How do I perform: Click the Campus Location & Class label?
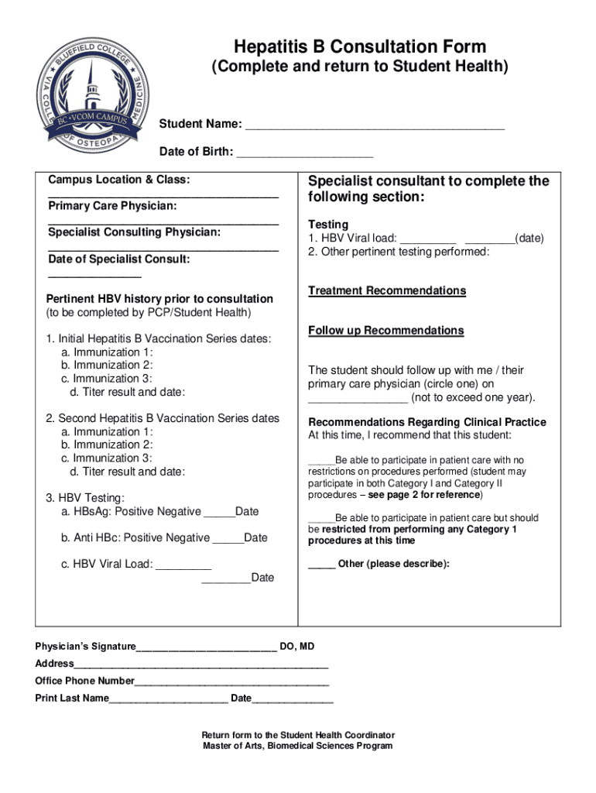(x=118, y=180)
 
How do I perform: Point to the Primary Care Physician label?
(x=112, y=206)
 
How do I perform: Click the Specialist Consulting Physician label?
(x=134, y=232)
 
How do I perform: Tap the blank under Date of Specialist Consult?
(x=94, y=275)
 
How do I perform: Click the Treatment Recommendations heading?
(x=387, y=291)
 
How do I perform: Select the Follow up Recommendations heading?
(x=385, y=331)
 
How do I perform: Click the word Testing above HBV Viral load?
(x=328, y=225)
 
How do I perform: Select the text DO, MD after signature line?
(x=297, y=647)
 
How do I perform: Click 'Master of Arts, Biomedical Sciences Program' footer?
(x=298, y=747)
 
